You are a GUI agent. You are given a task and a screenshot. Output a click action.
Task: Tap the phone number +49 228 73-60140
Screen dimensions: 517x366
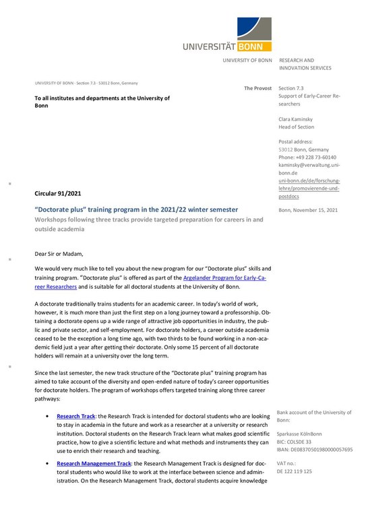pos(309,157)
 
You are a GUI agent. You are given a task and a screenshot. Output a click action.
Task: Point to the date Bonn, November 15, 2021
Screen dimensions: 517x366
pos(308,211)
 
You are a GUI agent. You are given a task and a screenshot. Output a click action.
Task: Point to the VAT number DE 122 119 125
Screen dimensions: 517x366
pos(295,471)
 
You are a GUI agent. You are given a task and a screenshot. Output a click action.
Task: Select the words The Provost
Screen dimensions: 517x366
pos(257,89)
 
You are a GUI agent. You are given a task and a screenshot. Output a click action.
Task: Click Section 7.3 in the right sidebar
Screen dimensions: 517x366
pos(291,89)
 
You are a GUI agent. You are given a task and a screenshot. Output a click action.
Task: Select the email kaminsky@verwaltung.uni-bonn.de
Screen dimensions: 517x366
pos(309,168)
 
